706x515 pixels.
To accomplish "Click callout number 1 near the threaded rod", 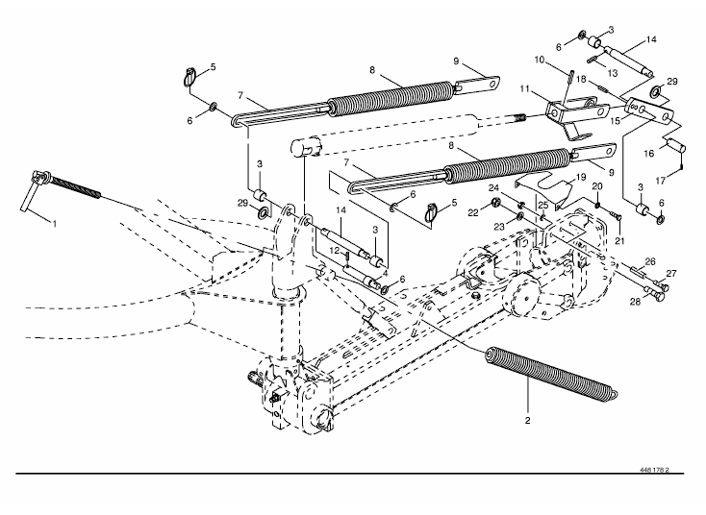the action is click(x=55, y=224).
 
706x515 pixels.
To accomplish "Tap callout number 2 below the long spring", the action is click(x=527, y=421).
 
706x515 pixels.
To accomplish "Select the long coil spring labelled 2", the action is click(x=551, y=373).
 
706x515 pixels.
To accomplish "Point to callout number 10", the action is click(x=540, y=60).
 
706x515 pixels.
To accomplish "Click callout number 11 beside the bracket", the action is click(x=524, y=89).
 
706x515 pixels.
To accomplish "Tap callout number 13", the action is click(x=613, y=73).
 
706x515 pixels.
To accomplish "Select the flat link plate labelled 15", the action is click(x=649, y=110).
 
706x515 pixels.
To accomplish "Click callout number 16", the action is click(x=649, y=154).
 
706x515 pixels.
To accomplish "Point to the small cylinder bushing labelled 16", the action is click(x=675, y=146).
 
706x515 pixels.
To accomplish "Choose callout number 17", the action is click(x=661, y=181).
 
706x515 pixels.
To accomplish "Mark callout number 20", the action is click(x=597, y=186).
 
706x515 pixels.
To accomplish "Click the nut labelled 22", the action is click(x=495, y=203).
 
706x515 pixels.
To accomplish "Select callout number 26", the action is click(x=650, y=261).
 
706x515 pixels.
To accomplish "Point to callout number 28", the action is click(x=635, y=302).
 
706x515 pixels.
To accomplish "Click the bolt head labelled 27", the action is click(x=664, y=285).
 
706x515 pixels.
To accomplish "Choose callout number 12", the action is click(x=334, y=251).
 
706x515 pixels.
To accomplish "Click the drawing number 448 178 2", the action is click(x=654, y=470).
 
